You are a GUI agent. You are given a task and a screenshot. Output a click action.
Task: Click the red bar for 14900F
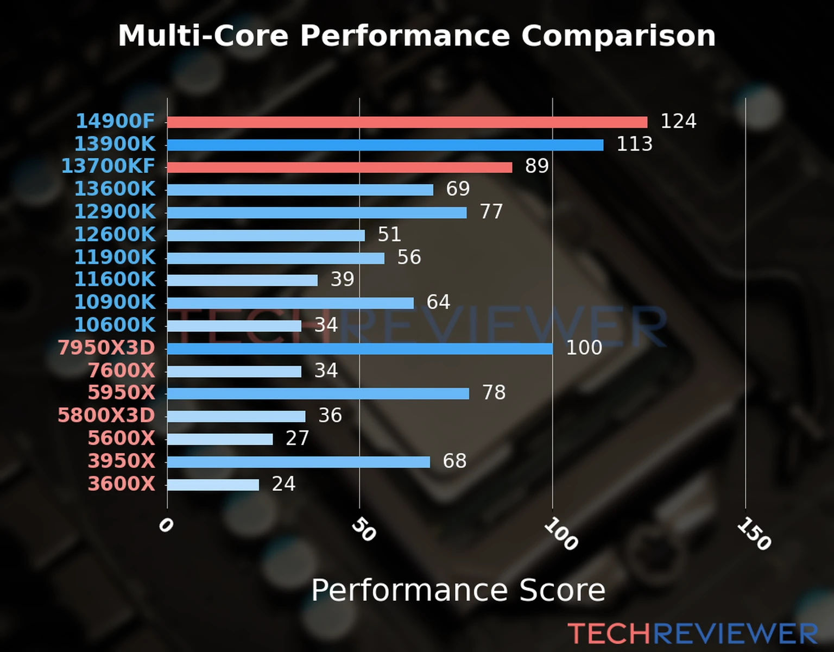pyautogui.click(x=407, y=122)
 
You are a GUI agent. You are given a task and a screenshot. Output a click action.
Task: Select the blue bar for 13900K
pyautogui.click(x=386, y=145)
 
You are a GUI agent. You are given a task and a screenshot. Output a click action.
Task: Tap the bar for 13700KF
pyautogui.click(x=339, y=167)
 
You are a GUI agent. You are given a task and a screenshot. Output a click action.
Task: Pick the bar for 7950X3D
pyautogui.click(x=360, y=348)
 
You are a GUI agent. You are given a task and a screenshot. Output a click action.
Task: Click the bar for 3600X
pyautogui.click(x=213, y=485)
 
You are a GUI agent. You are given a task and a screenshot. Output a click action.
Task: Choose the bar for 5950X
pyautogui.click(x=318, y=393)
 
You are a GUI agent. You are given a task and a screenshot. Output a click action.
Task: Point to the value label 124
pyautogui.click(x=678, y=121)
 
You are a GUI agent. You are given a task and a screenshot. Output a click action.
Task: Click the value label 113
pyautogui.click(x=634, y=144)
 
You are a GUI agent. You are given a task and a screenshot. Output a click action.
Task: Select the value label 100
pyautogui.click(x=584, y=348)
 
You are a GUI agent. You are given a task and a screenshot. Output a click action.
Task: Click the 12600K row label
pyautogui.click(x=115, y=235)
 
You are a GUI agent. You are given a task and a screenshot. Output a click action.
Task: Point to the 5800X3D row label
pyautogui.click(x=106, y=416)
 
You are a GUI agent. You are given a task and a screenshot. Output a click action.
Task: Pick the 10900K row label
pyautogui.click(x=115, y=302)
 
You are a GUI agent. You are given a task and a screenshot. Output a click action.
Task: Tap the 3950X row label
pyautogui.click(x=121, y=461)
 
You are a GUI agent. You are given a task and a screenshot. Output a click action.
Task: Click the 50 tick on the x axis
pyautogui.click(x=363, y=530)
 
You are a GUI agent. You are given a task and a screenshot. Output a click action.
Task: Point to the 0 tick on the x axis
pyautogui.click(x=166, y=525)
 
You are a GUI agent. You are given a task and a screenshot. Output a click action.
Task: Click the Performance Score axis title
pyautogui.click(x=458, y=590)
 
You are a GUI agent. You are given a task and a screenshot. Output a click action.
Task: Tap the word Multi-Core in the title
pyautogui.click(x=203, y=36)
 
